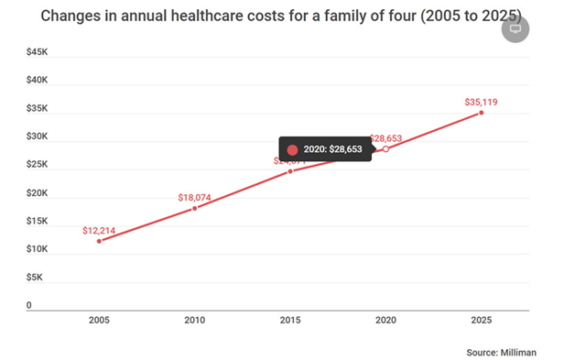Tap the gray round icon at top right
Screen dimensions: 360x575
(516, 28)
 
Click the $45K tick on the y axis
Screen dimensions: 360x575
(38, 52)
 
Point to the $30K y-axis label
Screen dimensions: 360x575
(38, 136)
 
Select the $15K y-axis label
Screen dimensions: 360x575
(38, 221)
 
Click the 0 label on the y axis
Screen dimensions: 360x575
(28, 305)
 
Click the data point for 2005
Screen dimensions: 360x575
(99, 241)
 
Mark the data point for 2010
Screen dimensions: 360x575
(194, 208)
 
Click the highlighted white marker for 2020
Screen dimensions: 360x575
(385, 148)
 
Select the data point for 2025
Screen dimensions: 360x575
(481, 113)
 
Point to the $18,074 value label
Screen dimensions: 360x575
(194, 196)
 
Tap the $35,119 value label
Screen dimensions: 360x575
(481, 101)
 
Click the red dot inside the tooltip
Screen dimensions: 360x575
(292, 149)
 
